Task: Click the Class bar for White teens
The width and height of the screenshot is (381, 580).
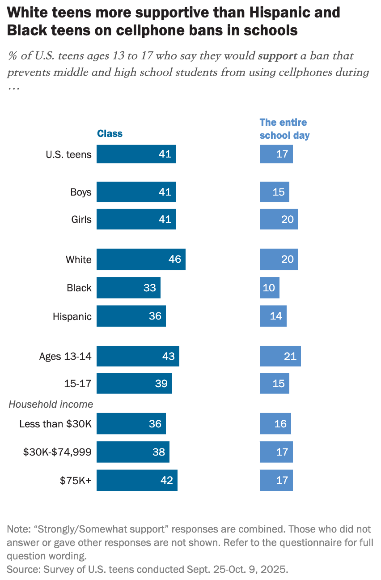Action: point(141,260)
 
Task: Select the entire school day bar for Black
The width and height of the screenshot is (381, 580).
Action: point(270,288)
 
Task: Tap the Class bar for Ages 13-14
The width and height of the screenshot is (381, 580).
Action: point(138,356)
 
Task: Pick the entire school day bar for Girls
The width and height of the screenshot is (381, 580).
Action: point(279,219)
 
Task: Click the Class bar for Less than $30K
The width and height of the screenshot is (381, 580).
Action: point(131,423)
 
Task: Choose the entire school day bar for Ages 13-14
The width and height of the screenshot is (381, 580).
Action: point(280,356)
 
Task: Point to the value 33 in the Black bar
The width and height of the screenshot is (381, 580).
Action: point(149,288)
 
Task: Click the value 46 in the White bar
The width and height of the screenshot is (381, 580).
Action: point(174,260)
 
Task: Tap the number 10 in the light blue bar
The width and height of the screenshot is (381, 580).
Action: point(269,288)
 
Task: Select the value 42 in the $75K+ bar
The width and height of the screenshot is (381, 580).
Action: point(166,480)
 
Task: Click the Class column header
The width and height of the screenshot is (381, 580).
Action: point(110,134)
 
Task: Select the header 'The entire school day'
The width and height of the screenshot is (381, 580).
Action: point(284,129)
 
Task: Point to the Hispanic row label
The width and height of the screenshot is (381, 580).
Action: point(72,316)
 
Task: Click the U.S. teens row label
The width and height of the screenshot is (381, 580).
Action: point(68,155)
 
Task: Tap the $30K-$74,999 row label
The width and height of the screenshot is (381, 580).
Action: point(57,452)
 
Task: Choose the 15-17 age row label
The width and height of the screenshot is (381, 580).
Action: point(78,384)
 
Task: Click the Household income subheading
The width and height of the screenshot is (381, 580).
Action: point(51,404)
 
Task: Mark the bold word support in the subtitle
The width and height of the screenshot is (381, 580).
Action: point(277,56)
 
